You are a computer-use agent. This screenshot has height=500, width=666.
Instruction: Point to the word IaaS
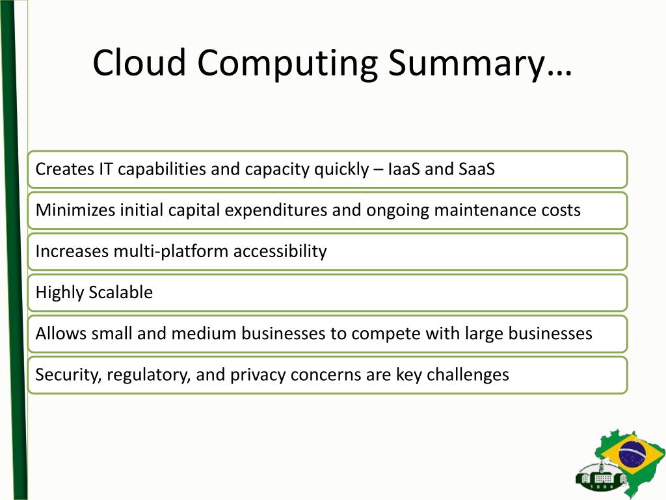click(404, 169)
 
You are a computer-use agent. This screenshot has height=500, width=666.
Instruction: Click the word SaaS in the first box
click(477, 169)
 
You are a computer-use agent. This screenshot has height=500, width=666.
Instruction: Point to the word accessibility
click(280, 251)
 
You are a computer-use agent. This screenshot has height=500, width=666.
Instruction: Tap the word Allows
click(61, 333)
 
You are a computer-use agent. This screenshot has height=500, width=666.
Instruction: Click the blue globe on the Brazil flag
click(630, 452)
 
